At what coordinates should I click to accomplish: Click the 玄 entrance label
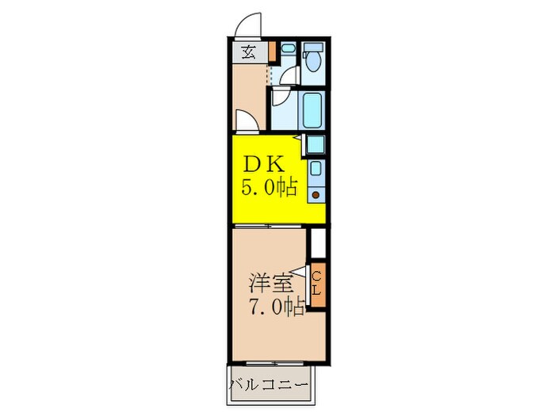tap(248, 52)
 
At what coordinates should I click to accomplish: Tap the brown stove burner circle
tap(316, 194)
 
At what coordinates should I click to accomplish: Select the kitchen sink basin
tap(316, 169)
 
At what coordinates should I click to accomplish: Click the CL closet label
tap(316, 284)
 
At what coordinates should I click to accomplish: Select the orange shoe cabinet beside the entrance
tap(272, 52)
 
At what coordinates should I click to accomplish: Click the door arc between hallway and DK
tap(246, 121)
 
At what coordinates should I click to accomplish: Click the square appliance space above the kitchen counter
tap(316, 145)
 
